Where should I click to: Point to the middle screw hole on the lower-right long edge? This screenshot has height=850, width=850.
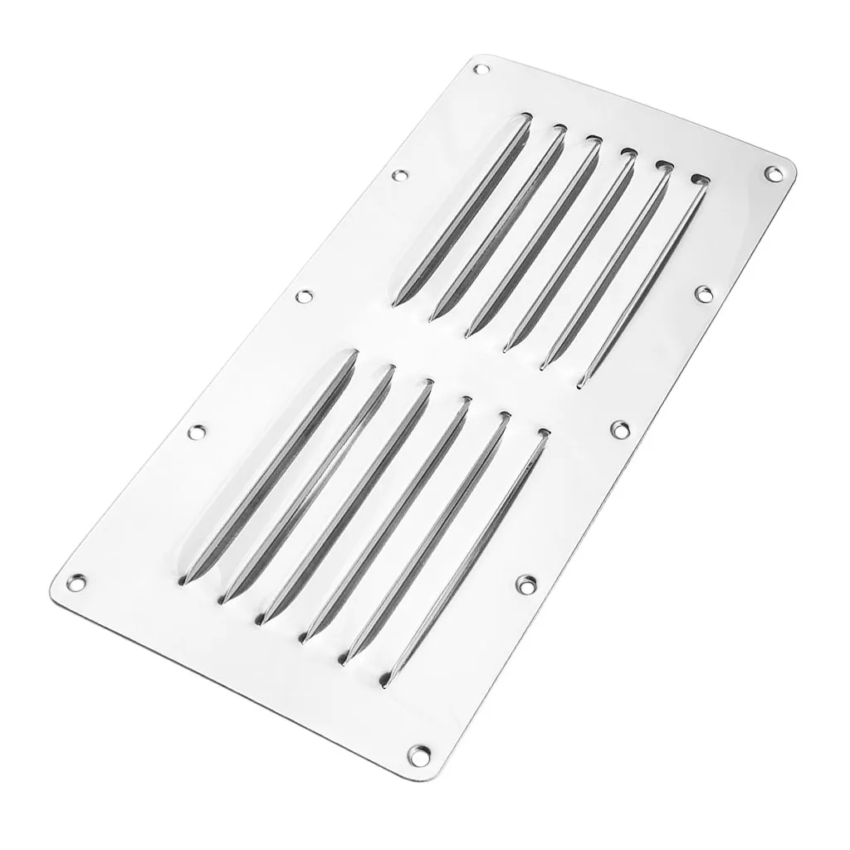(x=619, y=428)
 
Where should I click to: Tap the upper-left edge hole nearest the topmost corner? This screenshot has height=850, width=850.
(x=401, y=175)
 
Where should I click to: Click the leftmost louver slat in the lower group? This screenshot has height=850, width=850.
(x=266, y=466)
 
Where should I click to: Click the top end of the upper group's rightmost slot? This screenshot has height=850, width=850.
(x=701, y=179)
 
